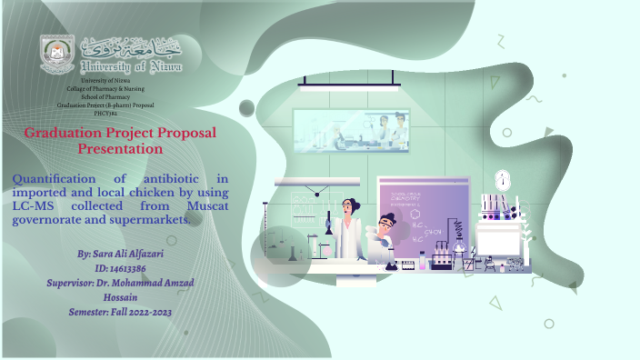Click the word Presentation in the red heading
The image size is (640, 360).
point(120,148)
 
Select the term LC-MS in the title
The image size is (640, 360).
point(35,206)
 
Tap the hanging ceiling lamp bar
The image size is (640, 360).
point(350,85)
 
